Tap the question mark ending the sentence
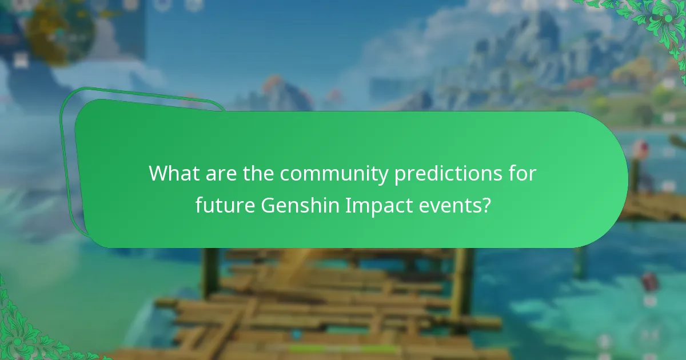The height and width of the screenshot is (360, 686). point(486,205)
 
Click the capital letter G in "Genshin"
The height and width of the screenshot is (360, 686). point(268,205)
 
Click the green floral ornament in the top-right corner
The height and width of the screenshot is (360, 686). point(657,23)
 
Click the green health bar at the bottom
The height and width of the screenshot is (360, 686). point(343,348)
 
